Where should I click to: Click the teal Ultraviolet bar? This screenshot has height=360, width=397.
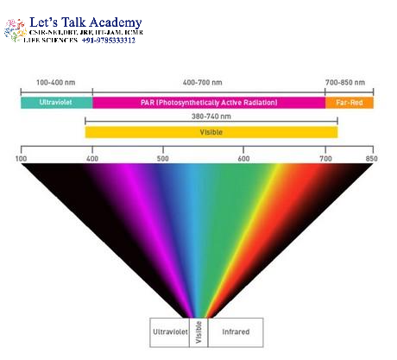coord(56,103)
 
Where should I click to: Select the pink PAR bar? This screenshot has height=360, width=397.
coord(209,103)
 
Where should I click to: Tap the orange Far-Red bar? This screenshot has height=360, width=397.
coord(350,103)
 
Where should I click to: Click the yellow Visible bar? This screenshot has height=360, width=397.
coord(211,132)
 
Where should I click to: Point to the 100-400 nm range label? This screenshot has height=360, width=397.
coord(56,83)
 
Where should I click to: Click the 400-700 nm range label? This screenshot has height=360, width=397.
coord(203,83)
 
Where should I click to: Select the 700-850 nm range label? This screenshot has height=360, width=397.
coord(345,83)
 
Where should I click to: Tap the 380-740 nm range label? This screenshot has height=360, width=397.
coord(211,117)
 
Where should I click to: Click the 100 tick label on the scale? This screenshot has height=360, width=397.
coord(21,159)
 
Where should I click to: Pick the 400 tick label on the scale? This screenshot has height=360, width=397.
coord(92,159)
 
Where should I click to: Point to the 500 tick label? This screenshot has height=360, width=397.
coord(163,159)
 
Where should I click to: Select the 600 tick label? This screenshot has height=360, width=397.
coord(243,159)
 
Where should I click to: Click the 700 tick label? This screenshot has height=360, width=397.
coord(325,159)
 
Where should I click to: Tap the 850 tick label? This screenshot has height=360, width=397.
coord(371,159)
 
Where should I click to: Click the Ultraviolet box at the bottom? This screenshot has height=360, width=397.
coord(169,332)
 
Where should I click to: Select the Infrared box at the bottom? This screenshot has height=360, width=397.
coord(236,332)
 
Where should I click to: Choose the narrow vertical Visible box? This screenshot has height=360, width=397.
coord(198,332)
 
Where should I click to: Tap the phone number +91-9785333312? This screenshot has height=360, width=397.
coord(109,40)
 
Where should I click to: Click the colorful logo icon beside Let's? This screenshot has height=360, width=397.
coord(16,30)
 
